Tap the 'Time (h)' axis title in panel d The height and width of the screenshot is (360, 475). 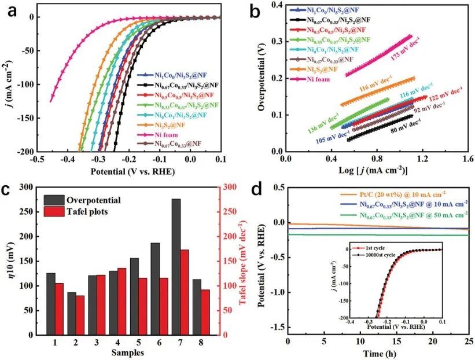click(378, 352)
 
